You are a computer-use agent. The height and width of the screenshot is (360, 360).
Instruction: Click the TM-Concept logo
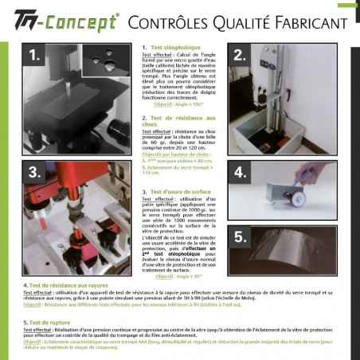(60, 20)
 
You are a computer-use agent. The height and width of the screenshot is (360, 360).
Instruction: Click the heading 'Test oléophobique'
(168, 48)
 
